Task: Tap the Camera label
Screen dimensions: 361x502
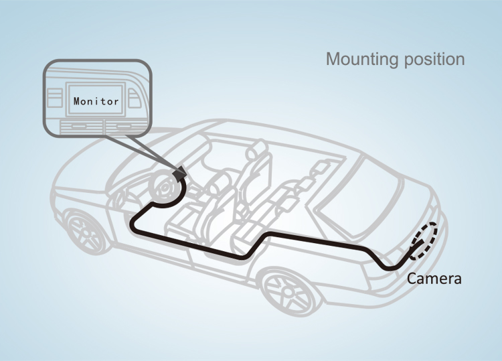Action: (x=434, y=278)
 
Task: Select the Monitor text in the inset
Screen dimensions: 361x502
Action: (x=96, y=102)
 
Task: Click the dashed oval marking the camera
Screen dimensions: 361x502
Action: (x=426, y=240)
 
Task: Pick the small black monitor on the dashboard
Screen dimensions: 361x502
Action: (x=179, y=173)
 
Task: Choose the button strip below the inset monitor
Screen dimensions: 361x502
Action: (x=96, y=125)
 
